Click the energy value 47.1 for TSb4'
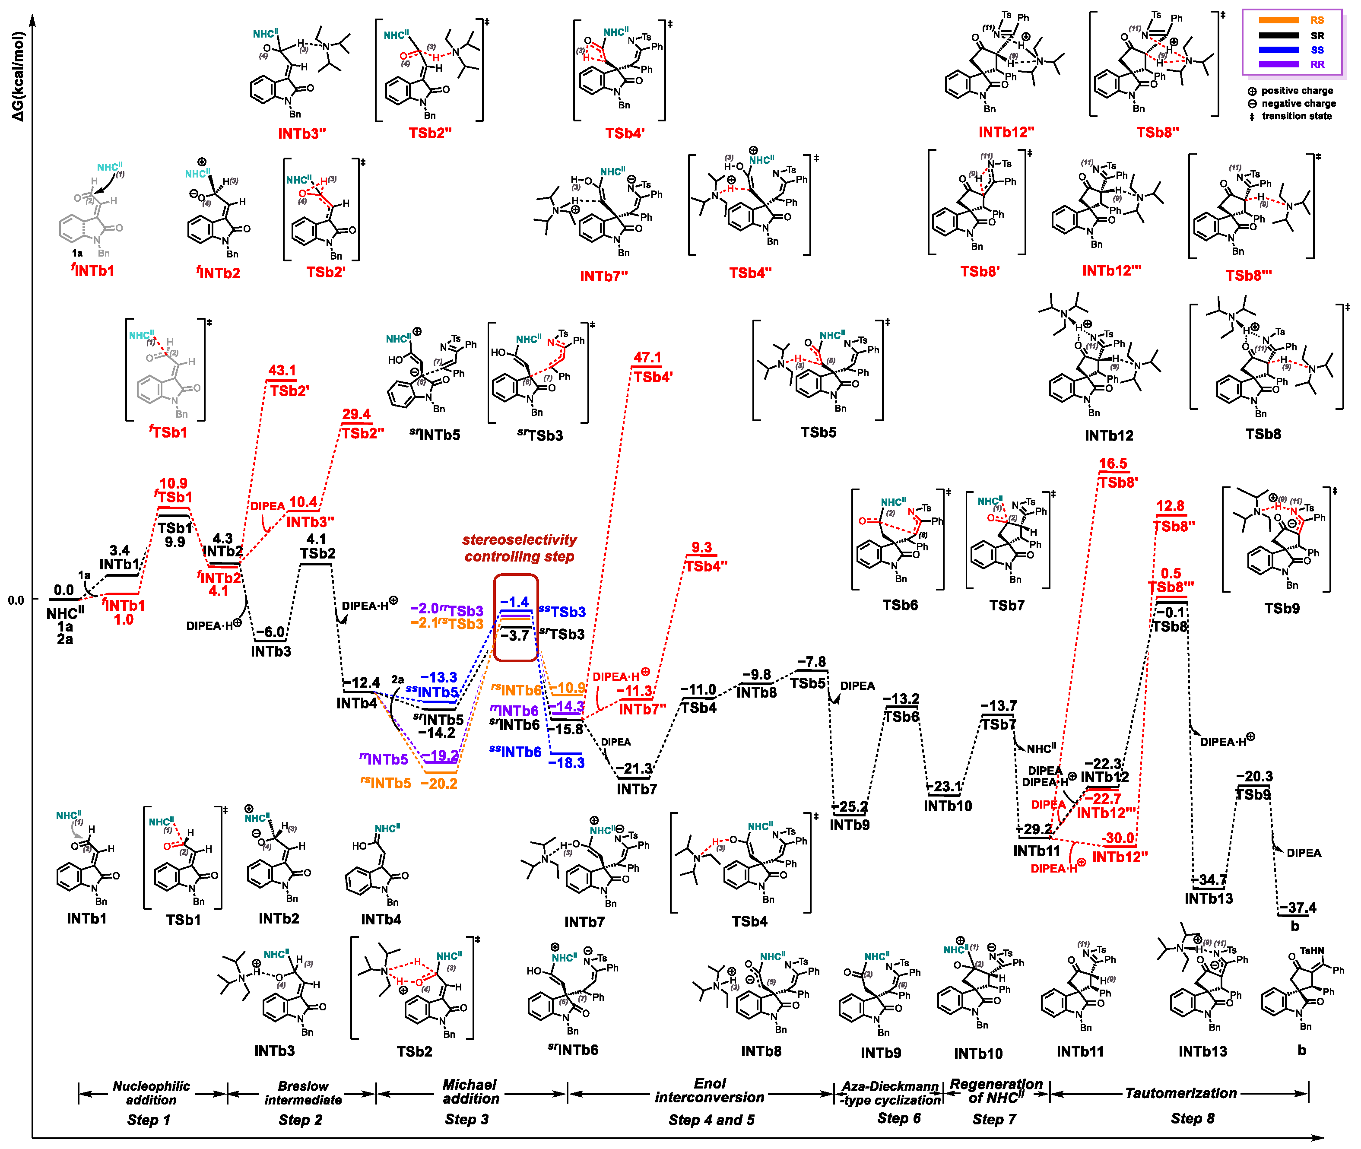coord(647,358)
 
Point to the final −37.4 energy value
coord(1297,908)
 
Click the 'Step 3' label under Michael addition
coord(466,1119)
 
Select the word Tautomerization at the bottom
coord(1180,1093)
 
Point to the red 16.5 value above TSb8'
coord(1113,464)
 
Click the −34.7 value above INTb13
coord(1209,880)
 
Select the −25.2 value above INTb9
coord(850,807)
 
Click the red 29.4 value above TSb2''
coord(356,414)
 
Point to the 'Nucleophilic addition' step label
coord(151,1093)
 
